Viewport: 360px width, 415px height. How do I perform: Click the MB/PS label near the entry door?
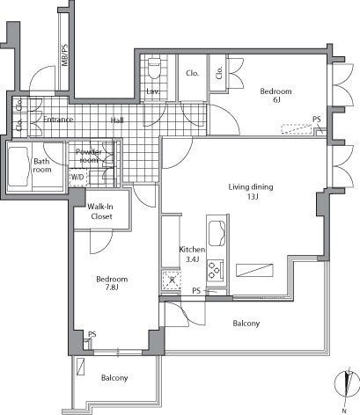63,59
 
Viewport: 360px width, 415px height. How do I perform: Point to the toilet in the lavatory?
154,66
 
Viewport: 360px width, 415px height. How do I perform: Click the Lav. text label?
152,91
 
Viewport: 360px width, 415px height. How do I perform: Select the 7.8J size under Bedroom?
112,289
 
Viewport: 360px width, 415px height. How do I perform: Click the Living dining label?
252,186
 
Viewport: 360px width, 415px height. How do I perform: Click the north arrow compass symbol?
348,385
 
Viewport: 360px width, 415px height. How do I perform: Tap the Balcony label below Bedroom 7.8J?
114,378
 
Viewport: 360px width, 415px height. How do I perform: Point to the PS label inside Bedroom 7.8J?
92,333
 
